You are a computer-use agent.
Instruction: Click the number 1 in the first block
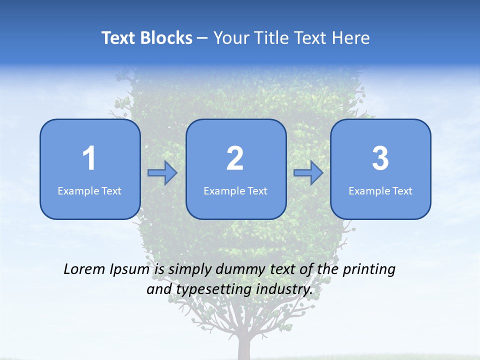89,158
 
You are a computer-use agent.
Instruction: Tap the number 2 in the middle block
235,158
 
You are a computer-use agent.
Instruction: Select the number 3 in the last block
380,158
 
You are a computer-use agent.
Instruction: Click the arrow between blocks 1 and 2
162,173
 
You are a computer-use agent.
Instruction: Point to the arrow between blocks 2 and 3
308,173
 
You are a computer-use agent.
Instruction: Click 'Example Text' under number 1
89,190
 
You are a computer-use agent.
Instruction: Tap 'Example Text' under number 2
235,190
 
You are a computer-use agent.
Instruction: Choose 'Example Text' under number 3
380,190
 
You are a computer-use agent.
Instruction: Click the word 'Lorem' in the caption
84,269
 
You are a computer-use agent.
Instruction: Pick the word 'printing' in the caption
369,269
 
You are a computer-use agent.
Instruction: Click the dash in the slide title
202,38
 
